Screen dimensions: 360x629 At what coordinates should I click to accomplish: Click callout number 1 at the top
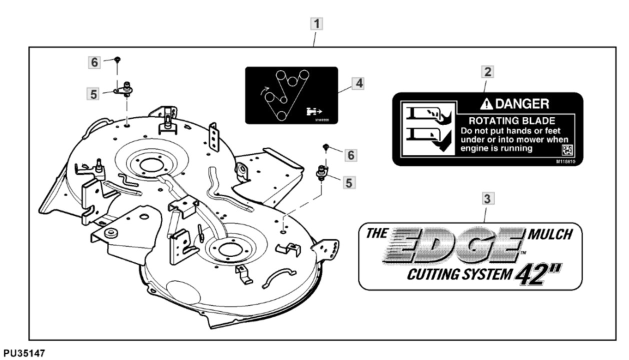pos(316,23)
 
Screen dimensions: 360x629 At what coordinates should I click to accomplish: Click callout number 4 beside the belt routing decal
pos(357,83)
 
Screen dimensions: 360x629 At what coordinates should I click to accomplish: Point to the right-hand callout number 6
pos(351,155)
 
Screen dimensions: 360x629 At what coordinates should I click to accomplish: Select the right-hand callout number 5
pos(348,183)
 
